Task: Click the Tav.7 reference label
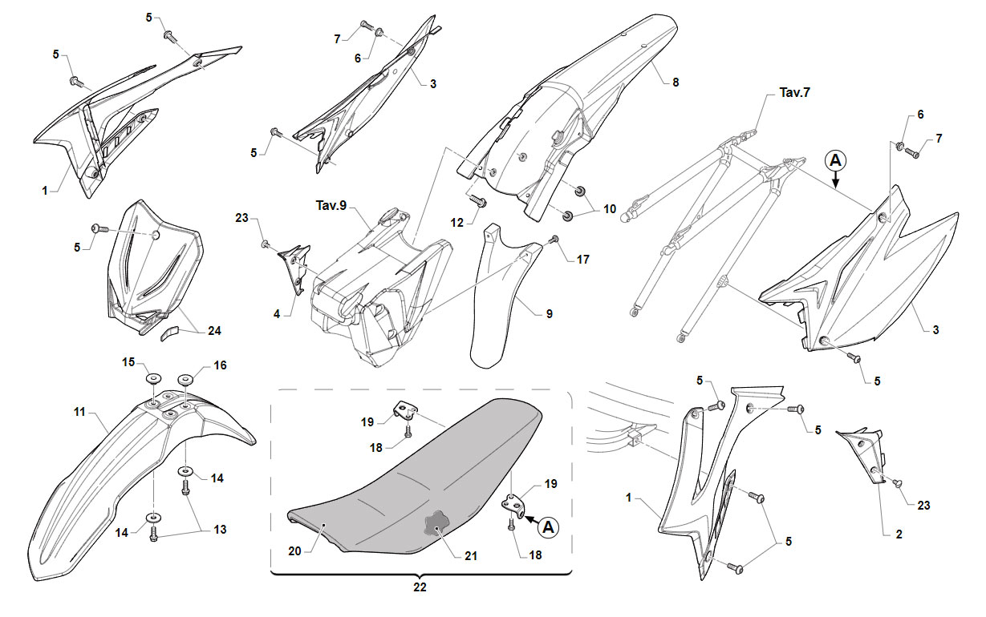[794, 93]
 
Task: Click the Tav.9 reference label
[331, 205]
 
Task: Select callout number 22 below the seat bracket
[420, 587]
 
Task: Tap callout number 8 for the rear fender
[676, 83]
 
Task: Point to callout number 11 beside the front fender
[79, 412]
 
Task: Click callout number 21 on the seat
[471, 556]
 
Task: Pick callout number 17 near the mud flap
[582, 260]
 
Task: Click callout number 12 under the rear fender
[457, 223]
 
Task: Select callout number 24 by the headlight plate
[214, 331]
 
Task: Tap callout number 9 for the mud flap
[550, 314]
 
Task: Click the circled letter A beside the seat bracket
[549, 526]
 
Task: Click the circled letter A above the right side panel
[835, 160]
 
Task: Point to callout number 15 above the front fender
[128, 362]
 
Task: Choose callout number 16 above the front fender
[220, 365]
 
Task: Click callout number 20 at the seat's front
[294, 551]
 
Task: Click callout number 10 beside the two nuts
[610, 209]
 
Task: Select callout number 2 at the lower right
[899, 534]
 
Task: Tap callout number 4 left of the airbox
[277, 314]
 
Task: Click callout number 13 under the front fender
[220, 530]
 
